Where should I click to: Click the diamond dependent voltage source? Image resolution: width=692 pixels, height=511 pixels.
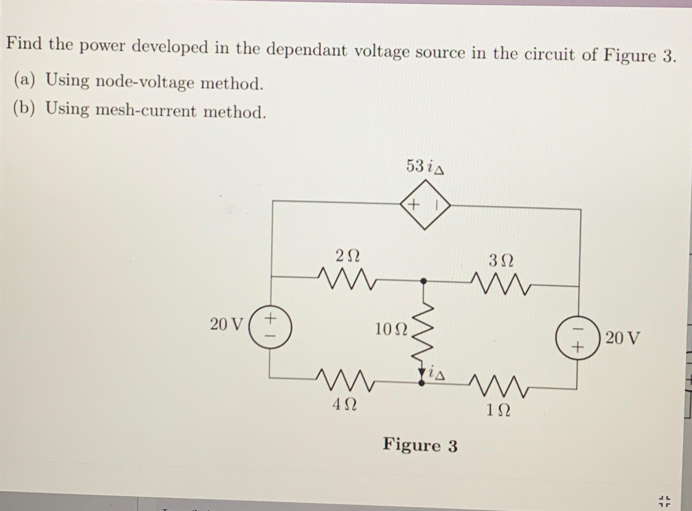(425, 205)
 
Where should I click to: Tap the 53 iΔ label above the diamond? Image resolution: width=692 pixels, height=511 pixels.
(425, 166)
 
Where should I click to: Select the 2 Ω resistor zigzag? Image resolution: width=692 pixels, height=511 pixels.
(346, 278)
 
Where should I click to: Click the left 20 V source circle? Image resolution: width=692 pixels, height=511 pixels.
(270, 327)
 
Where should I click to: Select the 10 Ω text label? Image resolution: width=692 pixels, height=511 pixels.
(391, 329)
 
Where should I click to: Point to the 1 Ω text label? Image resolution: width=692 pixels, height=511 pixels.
(498, 410)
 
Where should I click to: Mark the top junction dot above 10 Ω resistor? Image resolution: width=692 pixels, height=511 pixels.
(424, 281)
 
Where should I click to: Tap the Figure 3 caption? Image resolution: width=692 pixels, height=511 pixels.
(420, 445)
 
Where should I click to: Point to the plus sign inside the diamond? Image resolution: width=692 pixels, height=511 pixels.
(414, 204)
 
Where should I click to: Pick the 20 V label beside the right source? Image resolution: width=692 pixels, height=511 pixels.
(622, 338)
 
